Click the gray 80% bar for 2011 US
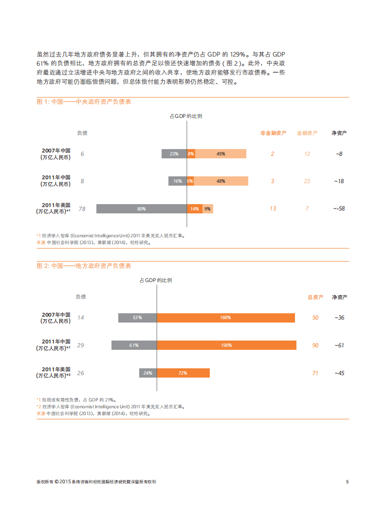(141, 209)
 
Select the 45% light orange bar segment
(221, 154)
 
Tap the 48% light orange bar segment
(221, 181)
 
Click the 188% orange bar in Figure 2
(226, 318)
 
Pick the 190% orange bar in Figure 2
(226, 345)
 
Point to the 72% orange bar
(183, 373)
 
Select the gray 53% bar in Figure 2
(137, 318)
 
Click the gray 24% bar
(148, 373)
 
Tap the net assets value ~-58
(339, 209)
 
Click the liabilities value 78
(82, 209)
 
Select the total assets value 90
(315, 345)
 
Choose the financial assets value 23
(307, 181)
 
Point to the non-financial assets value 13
(273, 209)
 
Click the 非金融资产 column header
(273, 133)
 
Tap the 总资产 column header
(315, 297)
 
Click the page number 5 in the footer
(347, 482)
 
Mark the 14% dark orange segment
(194, 209)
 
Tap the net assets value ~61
(339, 345)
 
